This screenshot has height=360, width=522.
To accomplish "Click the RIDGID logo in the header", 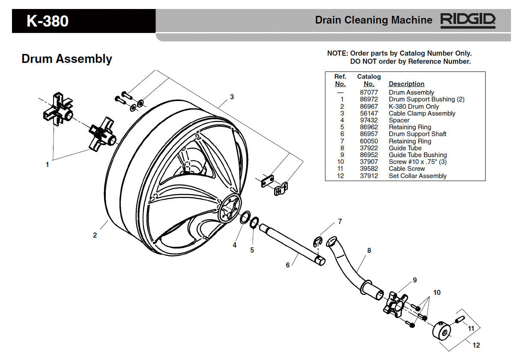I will tap(468, 20).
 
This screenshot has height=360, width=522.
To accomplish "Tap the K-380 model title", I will tap(48, 21).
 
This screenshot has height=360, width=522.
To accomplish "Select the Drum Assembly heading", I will tap(67, 59).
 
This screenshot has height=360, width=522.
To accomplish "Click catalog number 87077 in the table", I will tap(369, 92).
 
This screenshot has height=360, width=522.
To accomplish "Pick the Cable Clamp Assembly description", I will tap(422, 113).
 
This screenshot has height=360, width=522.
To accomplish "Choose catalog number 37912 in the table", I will tap(369, 176).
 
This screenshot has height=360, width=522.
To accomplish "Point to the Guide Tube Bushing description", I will tap(418, 155).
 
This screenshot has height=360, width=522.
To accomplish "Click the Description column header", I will tap(406, 84).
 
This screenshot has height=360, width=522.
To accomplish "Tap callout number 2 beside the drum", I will tap(95, 235).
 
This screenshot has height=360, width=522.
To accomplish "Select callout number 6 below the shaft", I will tap(288, 265).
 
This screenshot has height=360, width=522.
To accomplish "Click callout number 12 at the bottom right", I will tap(476, 345).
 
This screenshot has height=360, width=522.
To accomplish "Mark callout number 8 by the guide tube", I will tap(369, 250).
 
